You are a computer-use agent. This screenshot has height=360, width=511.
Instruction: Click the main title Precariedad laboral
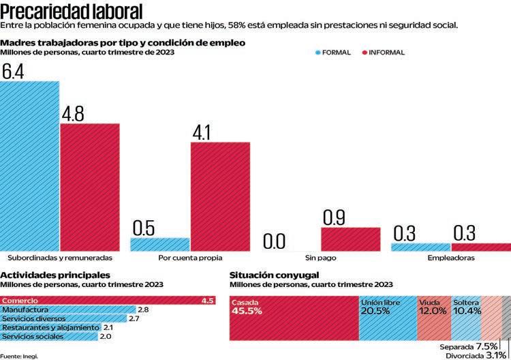72,11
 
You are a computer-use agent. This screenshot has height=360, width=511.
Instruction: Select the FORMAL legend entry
336,52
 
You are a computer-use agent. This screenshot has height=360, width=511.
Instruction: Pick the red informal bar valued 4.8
90,187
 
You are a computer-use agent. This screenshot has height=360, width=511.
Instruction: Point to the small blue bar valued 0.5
159,244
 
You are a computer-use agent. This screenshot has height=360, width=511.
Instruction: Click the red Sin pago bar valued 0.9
350,239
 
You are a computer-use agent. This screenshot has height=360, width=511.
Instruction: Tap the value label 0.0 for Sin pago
274,241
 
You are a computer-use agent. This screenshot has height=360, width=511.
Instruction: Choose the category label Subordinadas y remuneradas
60,258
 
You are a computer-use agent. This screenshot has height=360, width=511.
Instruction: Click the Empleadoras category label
451,258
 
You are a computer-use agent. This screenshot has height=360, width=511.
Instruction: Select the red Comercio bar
109,301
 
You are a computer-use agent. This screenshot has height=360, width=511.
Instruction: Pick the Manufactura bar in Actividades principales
68,310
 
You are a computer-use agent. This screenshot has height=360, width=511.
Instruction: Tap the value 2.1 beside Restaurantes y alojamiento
108,328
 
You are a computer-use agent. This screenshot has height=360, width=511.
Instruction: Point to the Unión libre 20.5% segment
388,318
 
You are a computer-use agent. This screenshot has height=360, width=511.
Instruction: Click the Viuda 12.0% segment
433,318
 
